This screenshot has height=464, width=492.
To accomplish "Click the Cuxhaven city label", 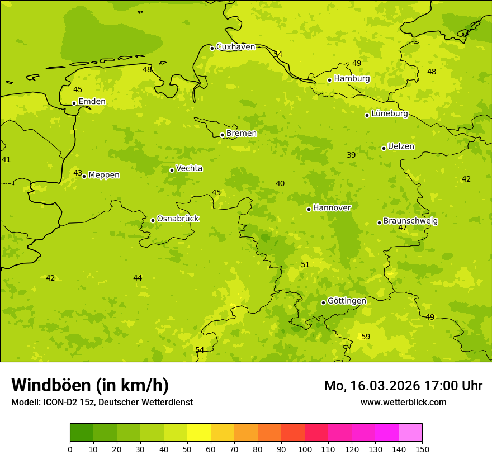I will [235, 47].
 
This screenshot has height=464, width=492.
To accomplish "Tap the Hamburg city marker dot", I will [329, 80].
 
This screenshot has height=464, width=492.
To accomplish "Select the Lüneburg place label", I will [390, 113].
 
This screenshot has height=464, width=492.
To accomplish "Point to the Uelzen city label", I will [401, 146].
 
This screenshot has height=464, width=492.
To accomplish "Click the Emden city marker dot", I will [74, 103].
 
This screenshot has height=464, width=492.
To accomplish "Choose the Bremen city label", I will [242, 134].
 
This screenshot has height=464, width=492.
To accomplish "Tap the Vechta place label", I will [189, 168].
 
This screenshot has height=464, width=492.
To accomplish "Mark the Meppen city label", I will [104, 175].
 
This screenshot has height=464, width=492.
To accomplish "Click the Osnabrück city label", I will [178, 219].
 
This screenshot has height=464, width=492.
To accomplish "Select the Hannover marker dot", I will [309, 209].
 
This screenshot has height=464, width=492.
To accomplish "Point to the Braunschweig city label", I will [410, 221].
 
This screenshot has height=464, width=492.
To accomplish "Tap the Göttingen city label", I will [347, 301].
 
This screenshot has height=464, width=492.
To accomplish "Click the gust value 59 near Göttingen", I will [366, 337].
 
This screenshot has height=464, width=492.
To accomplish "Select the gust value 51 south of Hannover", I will [305, 264].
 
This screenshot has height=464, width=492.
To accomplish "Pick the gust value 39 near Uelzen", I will [351, 155].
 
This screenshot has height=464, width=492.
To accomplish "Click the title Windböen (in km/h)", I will [90, 385].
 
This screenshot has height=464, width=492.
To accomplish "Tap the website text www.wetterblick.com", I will [403, 402].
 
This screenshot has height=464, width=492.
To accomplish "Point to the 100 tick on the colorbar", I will [305, 449].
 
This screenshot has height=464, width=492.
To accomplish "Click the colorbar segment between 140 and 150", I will [410, 433].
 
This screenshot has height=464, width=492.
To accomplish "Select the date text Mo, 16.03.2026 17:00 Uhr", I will [403, 386].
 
